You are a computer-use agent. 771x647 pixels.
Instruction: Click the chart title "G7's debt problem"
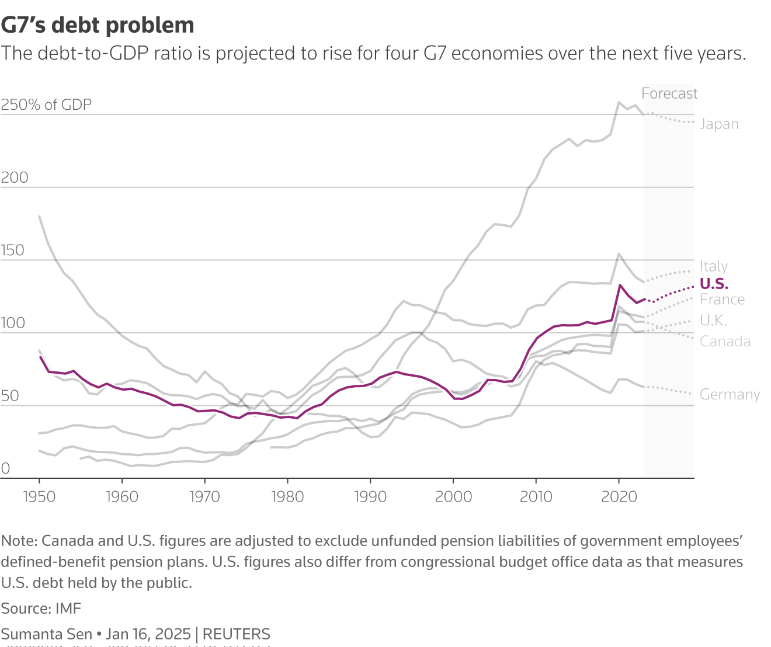pyautogui.click(x=98, y=25)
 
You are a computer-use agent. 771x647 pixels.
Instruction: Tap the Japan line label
pyautogui.click(x=719, y=124)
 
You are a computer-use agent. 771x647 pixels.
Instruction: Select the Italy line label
pyautogui.click(x=713, y=266)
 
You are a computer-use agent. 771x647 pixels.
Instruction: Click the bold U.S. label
pyautogui.click(x=714, y=284)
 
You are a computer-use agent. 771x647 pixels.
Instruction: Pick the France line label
pyautogui.click(x=722, y=300)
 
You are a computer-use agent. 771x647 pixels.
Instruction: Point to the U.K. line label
pyautogui.click(x=713, y=321)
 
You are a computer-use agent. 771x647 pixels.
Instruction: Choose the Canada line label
pyautogui.click(x=725, y=342)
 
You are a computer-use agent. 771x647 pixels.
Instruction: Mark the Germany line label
pyautogui.click(x=730, y=395)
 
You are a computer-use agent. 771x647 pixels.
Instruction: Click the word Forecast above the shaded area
pyautogui.click(x=669, y=93)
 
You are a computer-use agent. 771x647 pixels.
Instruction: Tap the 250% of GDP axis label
pyautogui.click(x=47, y=105)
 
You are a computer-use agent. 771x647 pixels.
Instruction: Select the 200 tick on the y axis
pyautogui.click(x=15, y=178)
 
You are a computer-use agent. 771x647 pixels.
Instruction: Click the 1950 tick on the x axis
pyautogui.click(x=39, y=496)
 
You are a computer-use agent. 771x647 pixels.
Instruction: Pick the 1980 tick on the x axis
pyautogui.click(x=287, y=496)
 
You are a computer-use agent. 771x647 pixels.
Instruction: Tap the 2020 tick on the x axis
pyautogui.click(x=619, y=496)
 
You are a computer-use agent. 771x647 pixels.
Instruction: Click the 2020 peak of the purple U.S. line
pyautogui.click(x=619, y=285)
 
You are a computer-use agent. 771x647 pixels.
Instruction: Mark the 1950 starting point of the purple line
pyautogui.click(x=40, y=357)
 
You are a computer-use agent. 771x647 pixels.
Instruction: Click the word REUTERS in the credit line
pyautogui.click(x=236, y=634)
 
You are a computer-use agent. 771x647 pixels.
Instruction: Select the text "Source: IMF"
pyautogui.click(x=41, y=608)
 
